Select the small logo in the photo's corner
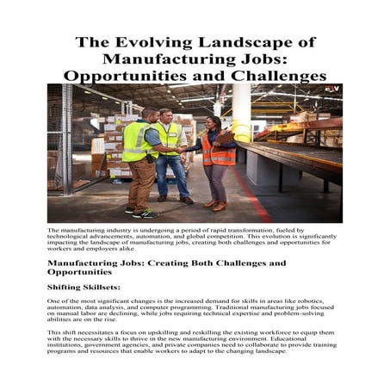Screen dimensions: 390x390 [x=331, y=90]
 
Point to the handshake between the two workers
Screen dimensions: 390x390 [x=183, y=150]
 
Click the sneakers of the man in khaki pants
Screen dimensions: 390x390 [x=140, y=212]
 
